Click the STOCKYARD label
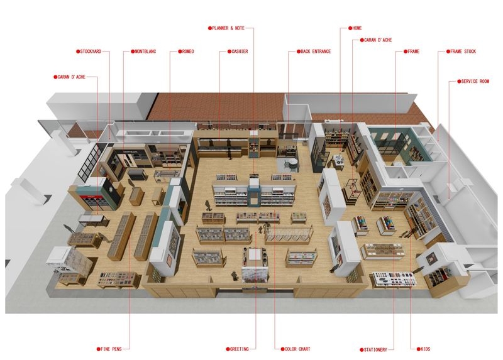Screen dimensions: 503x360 [91, 52]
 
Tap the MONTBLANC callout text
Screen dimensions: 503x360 [145, 52]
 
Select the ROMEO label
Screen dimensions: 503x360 [188, 52]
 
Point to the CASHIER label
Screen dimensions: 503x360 [240, 52]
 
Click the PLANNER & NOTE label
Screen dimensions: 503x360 [228, 28]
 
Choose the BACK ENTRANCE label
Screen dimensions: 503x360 [316, 52]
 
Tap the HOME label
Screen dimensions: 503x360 [357, 28]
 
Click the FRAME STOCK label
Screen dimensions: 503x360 [463, 52]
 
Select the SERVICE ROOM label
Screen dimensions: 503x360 [475, 82]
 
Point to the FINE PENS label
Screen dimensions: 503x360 [111, 349]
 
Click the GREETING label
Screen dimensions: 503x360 [240, 349]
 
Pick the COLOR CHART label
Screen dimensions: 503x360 [297, 349]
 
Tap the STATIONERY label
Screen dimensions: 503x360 [375, 350]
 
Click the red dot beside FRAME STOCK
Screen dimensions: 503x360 [448, 52]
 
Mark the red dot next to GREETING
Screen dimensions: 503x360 [228, 349]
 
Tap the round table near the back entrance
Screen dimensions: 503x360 [293, 163]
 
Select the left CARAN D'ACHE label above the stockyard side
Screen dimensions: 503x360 [71, 77]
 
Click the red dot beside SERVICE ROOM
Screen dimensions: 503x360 [459, 82]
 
